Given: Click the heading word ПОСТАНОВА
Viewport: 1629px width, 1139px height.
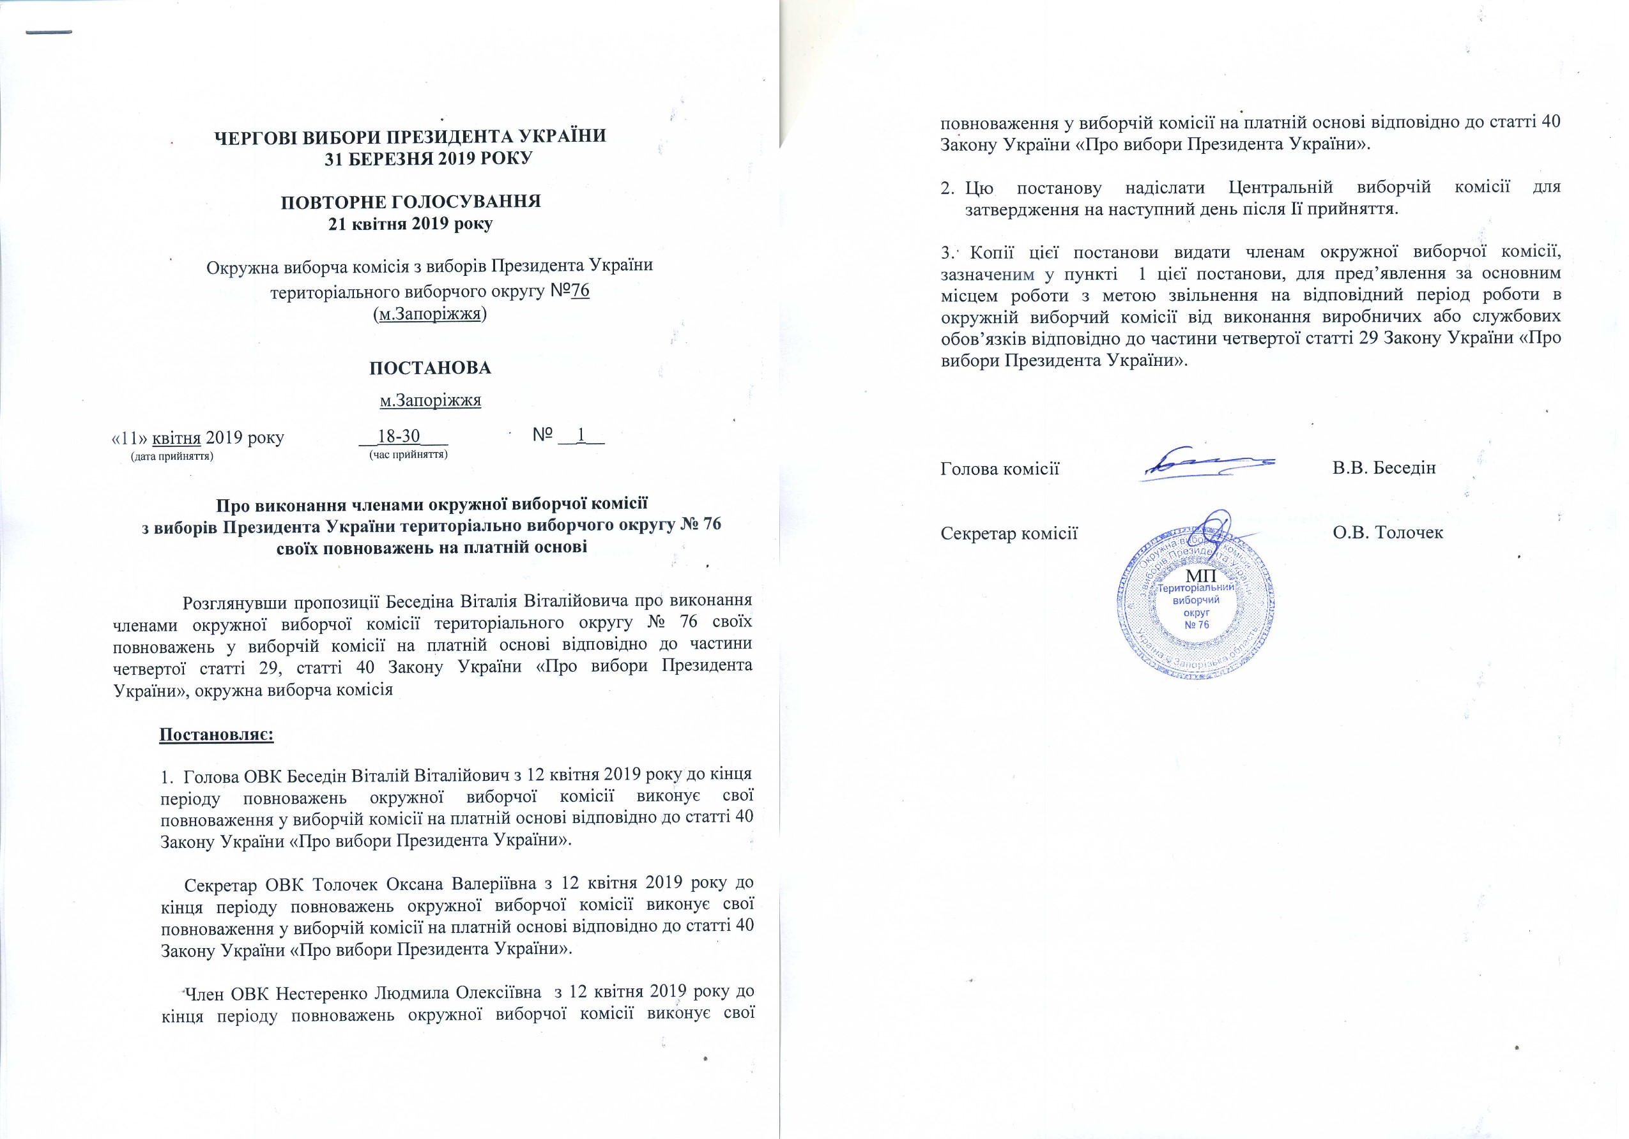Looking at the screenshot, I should click(x=430, y=368).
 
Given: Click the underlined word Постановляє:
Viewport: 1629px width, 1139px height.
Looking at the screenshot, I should click(x=217, y=734).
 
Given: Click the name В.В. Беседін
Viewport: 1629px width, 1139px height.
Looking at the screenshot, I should click(x=1384, y=468).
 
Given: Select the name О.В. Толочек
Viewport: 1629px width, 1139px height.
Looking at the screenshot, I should click(x=1388, y=532).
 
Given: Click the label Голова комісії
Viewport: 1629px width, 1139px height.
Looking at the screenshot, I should click(x=1000, y=468).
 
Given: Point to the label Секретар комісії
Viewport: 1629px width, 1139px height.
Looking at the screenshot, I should click(x=1009, y=532).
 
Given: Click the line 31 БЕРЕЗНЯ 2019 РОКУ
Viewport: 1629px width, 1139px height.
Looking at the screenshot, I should click(x=429, y=158).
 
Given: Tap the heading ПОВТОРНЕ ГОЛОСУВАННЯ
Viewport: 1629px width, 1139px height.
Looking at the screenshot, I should click(x=411, y=201).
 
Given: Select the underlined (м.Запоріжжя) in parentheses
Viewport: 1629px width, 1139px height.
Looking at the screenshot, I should click(x=430, y=314).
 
